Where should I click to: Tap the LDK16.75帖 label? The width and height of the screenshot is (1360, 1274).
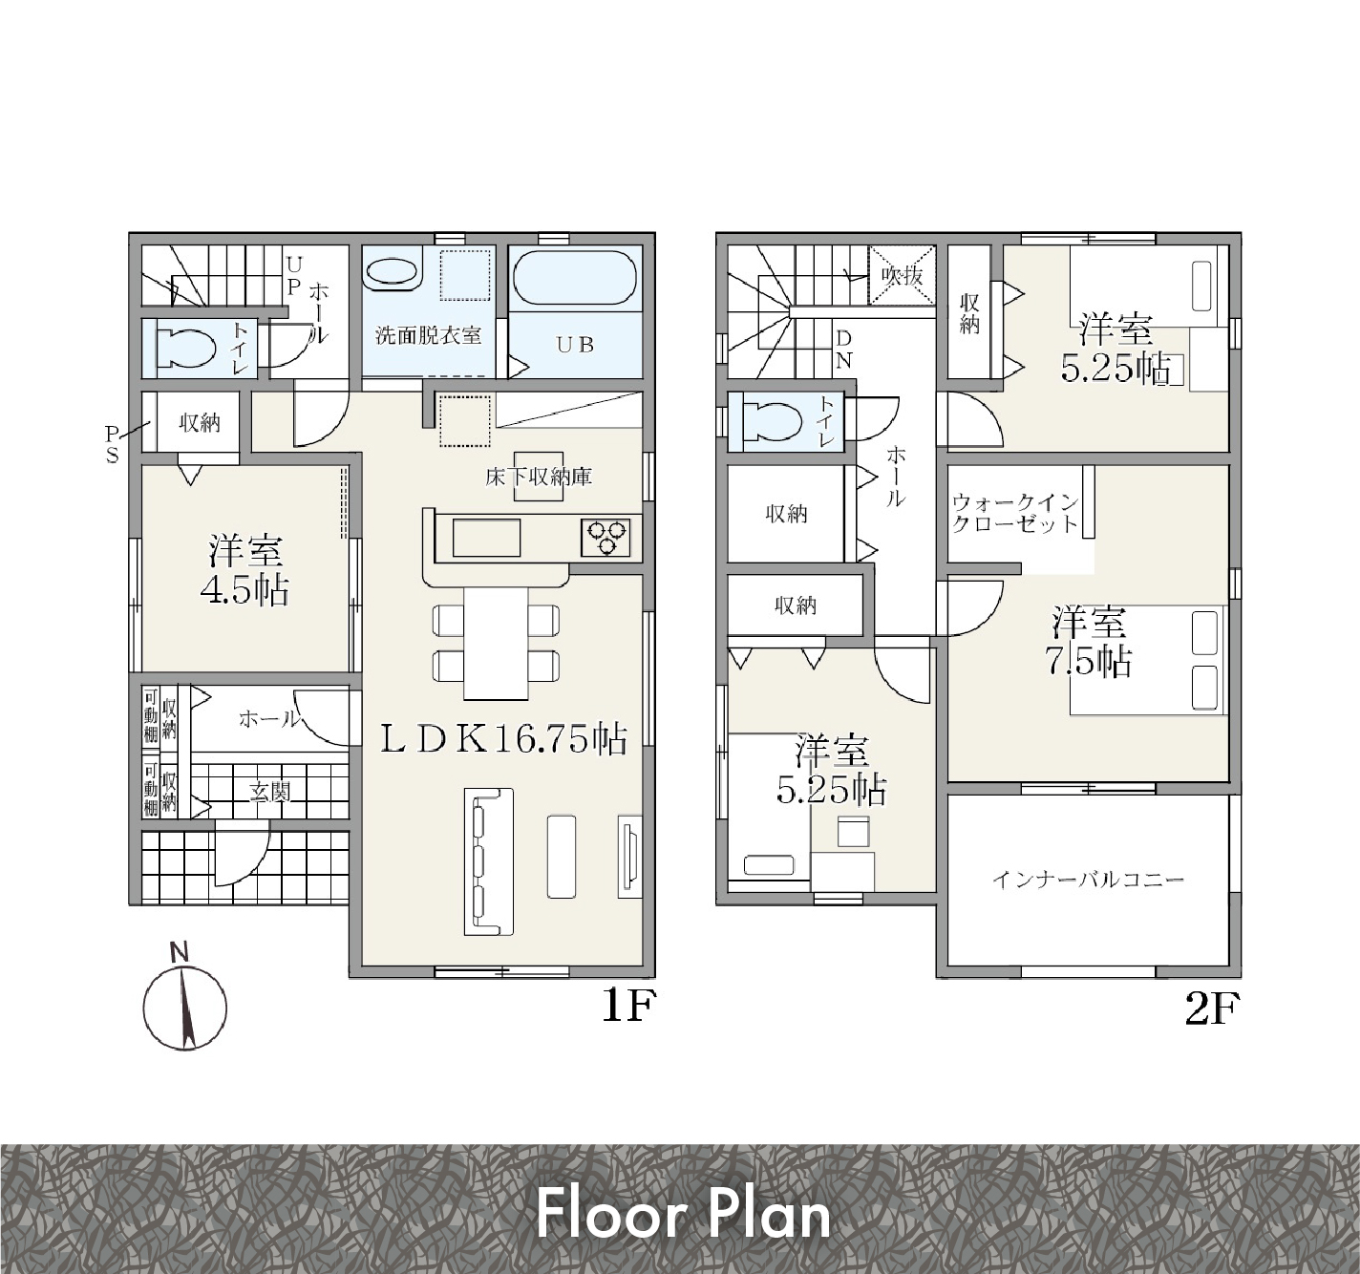click(503, 739)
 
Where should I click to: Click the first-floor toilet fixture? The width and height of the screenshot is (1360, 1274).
click(185, 349)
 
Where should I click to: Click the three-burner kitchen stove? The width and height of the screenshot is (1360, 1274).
click(606, 538)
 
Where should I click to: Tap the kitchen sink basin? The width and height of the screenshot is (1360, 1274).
click(485, 538)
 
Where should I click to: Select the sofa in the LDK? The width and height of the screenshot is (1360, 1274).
click(489, 861)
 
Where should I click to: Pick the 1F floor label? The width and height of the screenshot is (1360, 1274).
click(629, 1007)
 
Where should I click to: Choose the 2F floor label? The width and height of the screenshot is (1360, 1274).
click(1213, 1009)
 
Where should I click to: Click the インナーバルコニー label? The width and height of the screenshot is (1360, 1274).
click(1088, 879)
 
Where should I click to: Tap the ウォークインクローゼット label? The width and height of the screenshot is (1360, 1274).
click(1015, 515)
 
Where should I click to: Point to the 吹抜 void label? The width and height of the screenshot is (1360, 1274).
click(902, 276)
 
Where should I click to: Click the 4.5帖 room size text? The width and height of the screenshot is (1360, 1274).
click(244, 590)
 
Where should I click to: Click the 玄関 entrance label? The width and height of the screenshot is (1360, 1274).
click(270, 792)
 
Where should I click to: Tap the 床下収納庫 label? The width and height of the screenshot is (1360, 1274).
click(539, 476)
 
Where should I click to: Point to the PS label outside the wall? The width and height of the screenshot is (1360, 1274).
click(112, 444)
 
